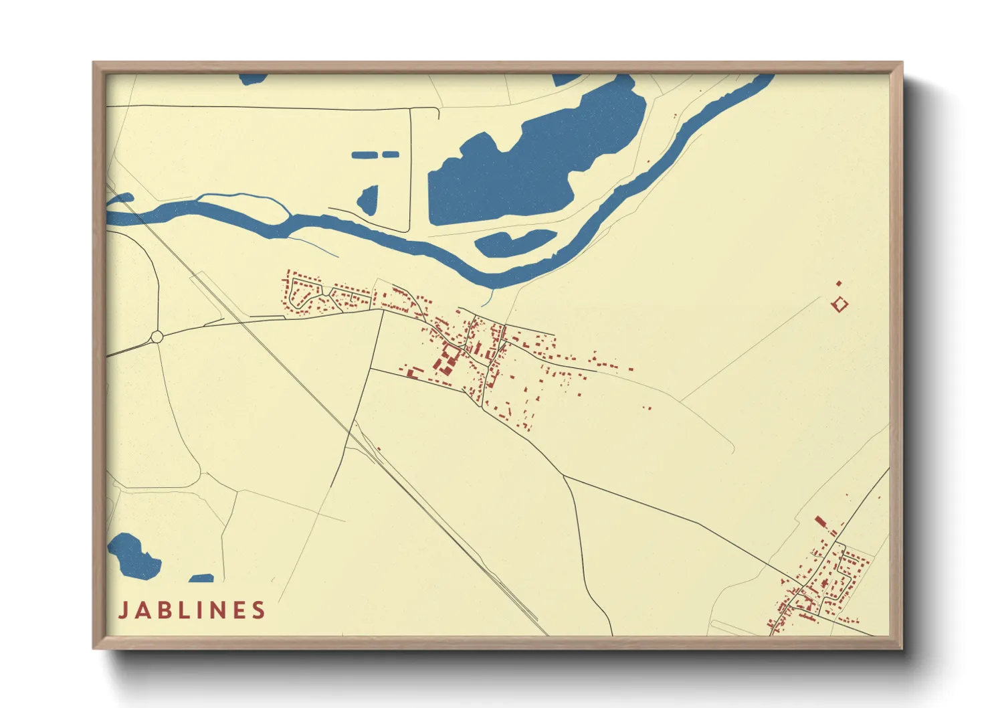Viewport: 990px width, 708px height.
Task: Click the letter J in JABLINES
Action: (x=124, y=610)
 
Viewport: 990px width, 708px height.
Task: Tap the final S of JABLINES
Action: (x=259, y=610)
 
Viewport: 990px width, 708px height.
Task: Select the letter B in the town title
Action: (x=167, y=610)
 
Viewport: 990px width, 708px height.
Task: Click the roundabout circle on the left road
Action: (x=157, y=337)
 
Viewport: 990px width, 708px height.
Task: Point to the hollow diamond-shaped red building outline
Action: (x=840, y=304)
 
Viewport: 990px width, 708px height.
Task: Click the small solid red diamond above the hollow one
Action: (x=839, y=284)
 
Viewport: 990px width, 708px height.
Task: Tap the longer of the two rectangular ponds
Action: (x=365, y=155)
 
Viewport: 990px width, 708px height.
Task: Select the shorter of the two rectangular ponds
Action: (x=390, y=155)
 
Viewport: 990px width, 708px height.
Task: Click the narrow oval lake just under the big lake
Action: (x=515, y=243)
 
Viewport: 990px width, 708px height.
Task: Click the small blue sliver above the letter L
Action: (x=201, y=578)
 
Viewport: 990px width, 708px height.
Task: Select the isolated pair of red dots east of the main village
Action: (x=647, y=407)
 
